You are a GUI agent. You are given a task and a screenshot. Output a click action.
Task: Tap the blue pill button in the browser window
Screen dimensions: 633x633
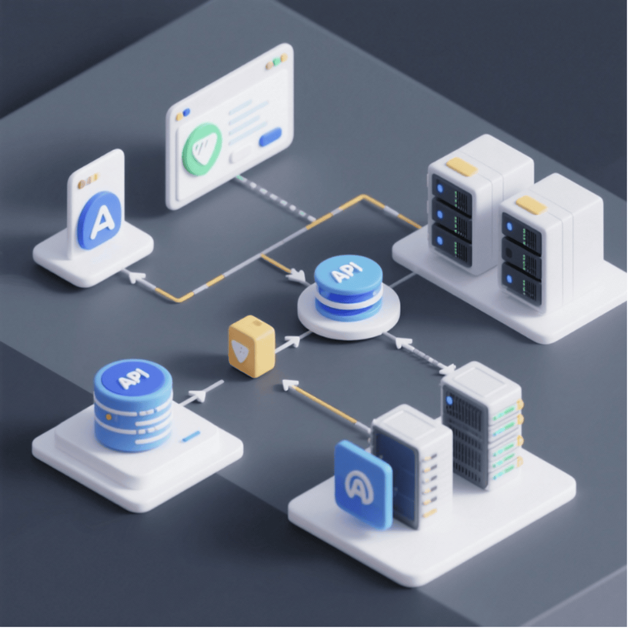pos(271,136)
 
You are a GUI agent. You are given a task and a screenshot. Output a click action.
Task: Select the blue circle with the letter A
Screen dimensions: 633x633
pos(100,220)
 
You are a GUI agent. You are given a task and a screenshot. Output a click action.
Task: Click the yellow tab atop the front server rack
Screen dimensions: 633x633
pos(531,205)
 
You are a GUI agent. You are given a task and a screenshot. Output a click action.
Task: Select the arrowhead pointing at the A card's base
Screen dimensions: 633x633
pos(136,276)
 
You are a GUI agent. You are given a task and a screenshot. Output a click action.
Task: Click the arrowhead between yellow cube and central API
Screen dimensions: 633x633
pos(291,340)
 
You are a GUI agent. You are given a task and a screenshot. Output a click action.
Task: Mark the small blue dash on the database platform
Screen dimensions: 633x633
pos(190,436)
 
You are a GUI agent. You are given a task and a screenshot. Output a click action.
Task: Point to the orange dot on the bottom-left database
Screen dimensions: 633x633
pos(109,417)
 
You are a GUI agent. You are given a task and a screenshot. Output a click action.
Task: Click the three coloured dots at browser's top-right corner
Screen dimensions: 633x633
pos(276,62)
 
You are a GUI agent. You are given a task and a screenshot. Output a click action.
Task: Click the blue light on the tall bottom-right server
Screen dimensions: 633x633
pos(450,400)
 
